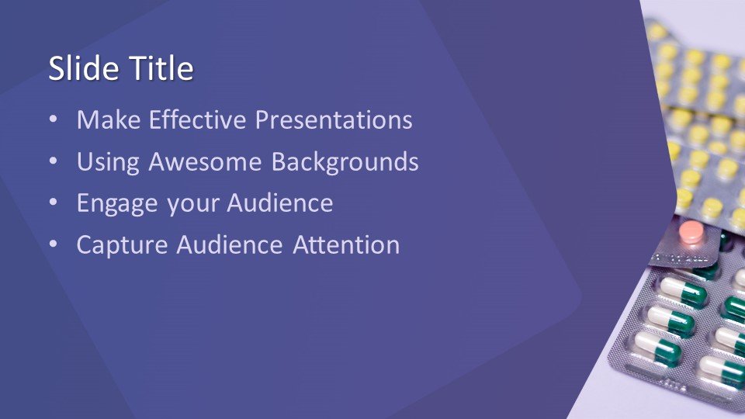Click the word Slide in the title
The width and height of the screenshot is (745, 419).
85,68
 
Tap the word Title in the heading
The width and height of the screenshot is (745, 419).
162,68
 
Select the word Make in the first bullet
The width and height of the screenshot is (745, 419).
109,119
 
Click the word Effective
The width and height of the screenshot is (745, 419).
198,119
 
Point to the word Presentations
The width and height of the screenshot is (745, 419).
334,119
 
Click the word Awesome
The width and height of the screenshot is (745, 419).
205,161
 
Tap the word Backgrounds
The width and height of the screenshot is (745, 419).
345,162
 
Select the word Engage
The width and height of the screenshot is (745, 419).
117,204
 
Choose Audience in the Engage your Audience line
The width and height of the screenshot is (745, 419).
280,203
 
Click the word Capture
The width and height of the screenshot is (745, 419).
122,246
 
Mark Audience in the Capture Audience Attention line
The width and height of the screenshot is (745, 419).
230,244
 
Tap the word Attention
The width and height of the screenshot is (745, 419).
346,244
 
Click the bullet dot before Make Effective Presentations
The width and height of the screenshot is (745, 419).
54,119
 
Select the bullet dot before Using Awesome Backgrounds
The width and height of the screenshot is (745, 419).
54,161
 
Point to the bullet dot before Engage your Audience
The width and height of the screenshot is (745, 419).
54,203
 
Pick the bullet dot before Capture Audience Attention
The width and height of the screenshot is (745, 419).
54,244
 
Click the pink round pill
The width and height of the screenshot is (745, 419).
691,231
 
